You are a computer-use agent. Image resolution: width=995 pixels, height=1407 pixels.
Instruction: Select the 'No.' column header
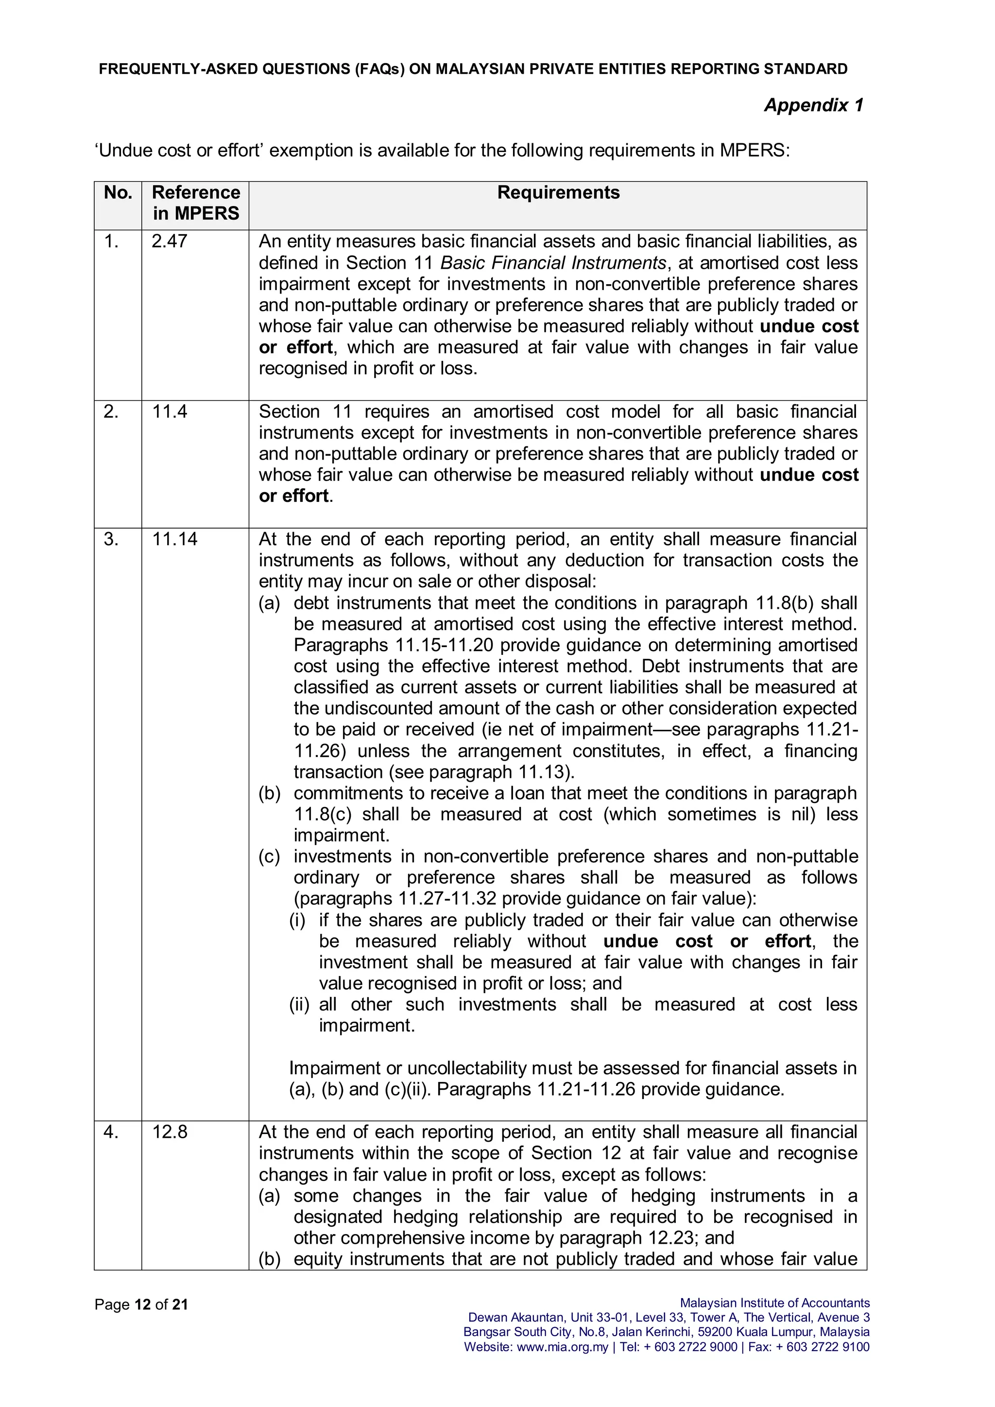tap(118, 192)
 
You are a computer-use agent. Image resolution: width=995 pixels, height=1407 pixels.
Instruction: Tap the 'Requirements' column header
tap(558, 192)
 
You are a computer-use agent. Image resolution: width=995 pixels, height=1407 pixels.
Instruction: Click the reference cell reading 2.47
tap(169, 241)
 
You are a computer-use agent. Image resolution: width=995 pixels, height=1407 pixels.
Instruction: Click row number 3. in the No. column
tap(111, 539)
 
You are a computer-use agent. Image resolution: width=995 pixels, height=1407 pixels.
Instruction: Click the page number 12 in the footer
tap(143, 1304)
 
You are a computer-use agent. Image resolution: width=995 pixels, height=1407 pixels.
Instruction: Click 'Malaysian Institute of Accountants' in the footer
tap(774, 1303)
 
